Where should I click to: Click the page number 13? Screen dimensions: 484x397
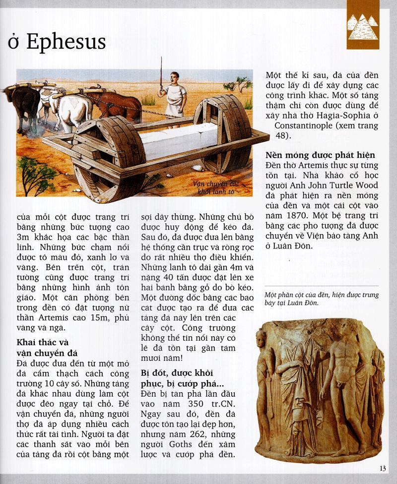pyautogui.click(x=382, y=469)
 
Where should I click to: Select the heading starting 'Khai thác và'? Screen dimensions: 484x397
pyautogui.click(x=43, y=342)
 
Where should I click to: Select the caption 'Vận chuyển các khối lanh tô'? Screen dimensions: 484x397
pyautogui.click(x=216, y=187)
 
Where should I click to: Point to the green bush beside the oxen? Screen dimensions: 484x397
pyautogui.click(x=35, y=174)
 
